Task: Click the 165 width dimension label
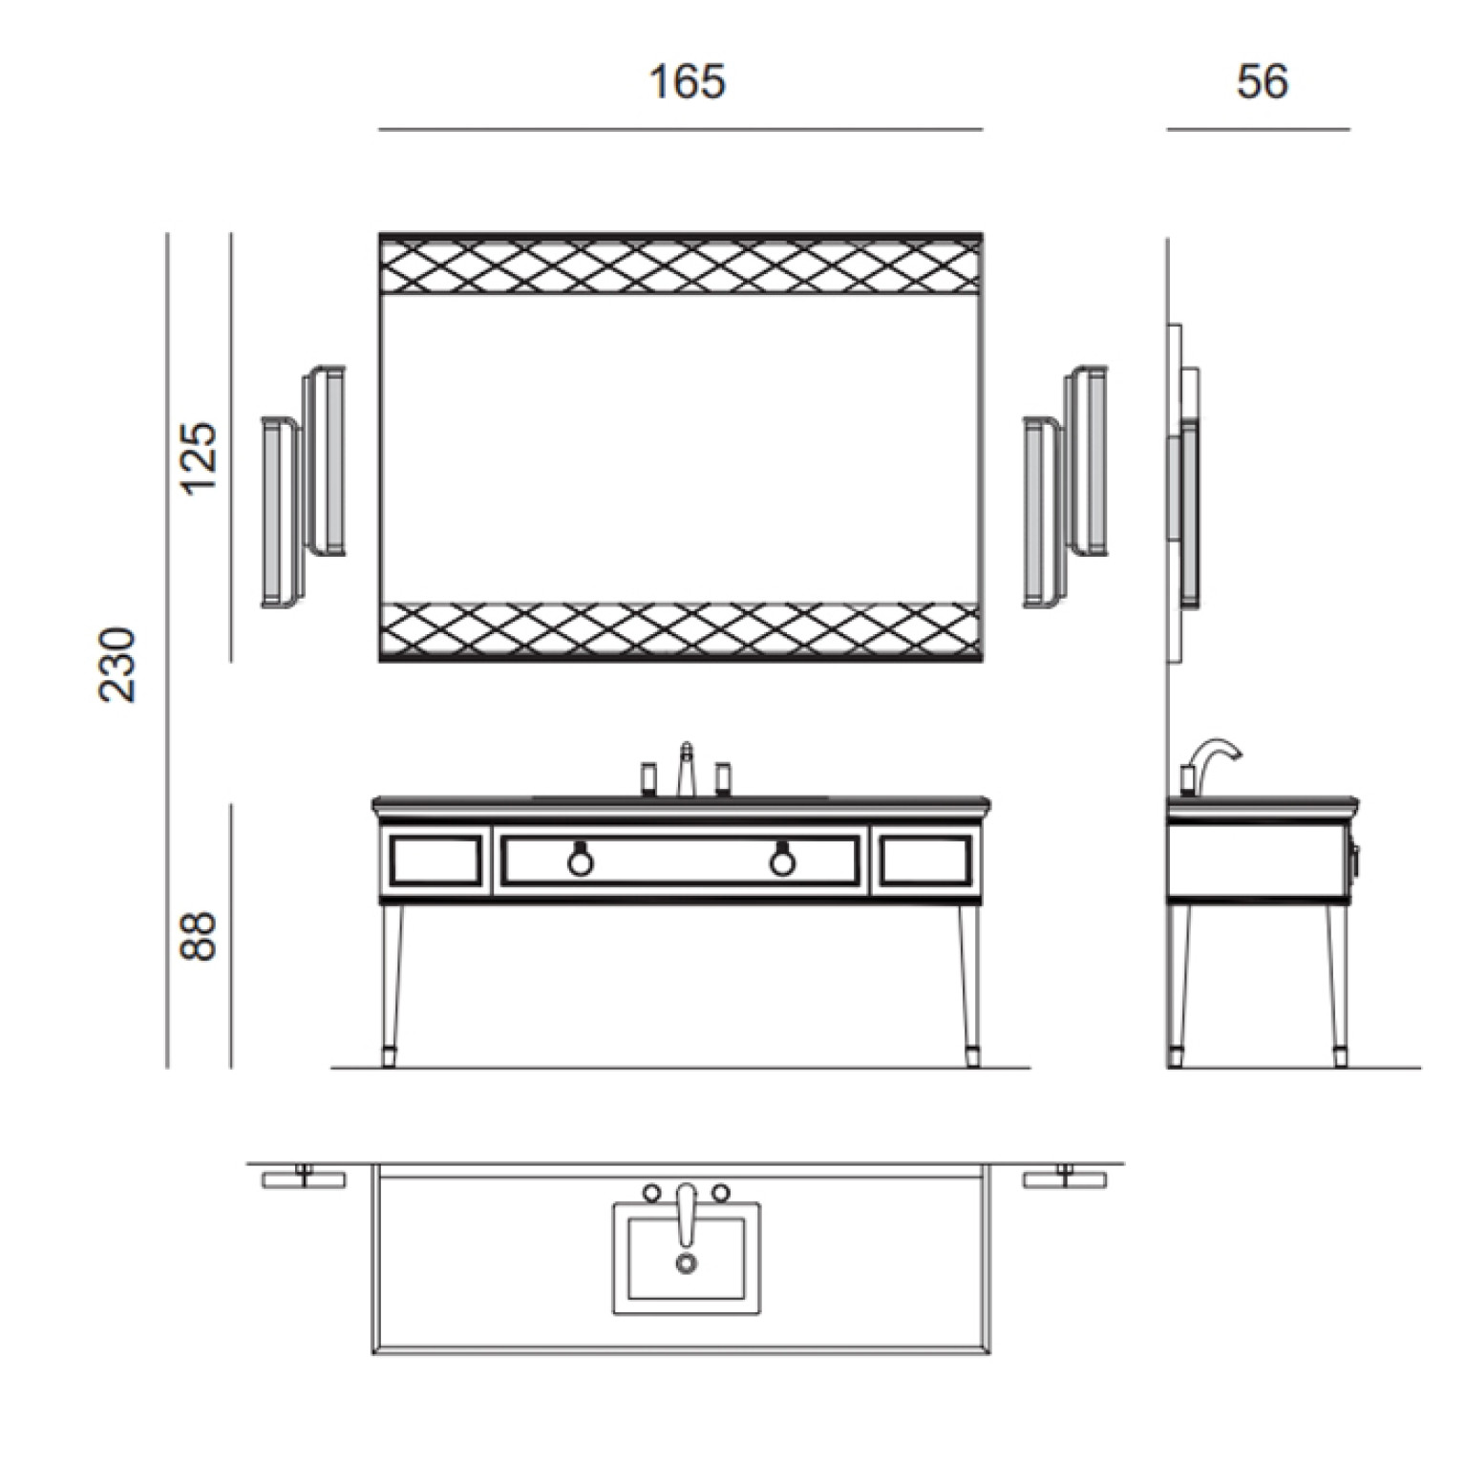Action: coord(687,81)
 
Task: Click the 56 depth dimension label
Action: coord(1263,81)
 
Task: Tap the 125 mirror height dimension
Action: coord(201,456)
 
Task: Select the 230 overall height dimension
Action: coord(118,665)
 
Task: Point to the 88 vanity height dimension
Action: coord(201,936)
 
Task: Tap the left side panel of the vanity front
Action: coord(435,860)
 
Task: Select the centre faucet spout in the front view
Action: coord(686,768)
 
